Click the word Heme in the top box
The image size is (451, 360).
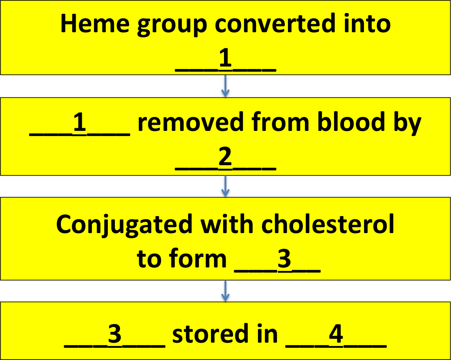click(95, 24)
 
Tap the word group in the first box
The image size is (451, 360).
click(172, 26)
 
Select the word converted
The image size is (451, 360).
click(275, 24)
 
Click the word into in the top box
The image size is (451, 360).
click(366, 24)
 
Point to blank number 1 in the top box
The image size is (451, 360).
click(225, 60)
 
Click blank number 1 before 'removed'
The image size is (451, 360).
click(80, 124)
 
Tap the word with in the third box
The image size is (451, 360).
click(227, 223)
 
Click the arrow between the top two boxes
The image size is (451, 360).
click(225, 86)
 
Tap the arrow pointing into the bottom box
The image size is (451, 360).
click(225, 291)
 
